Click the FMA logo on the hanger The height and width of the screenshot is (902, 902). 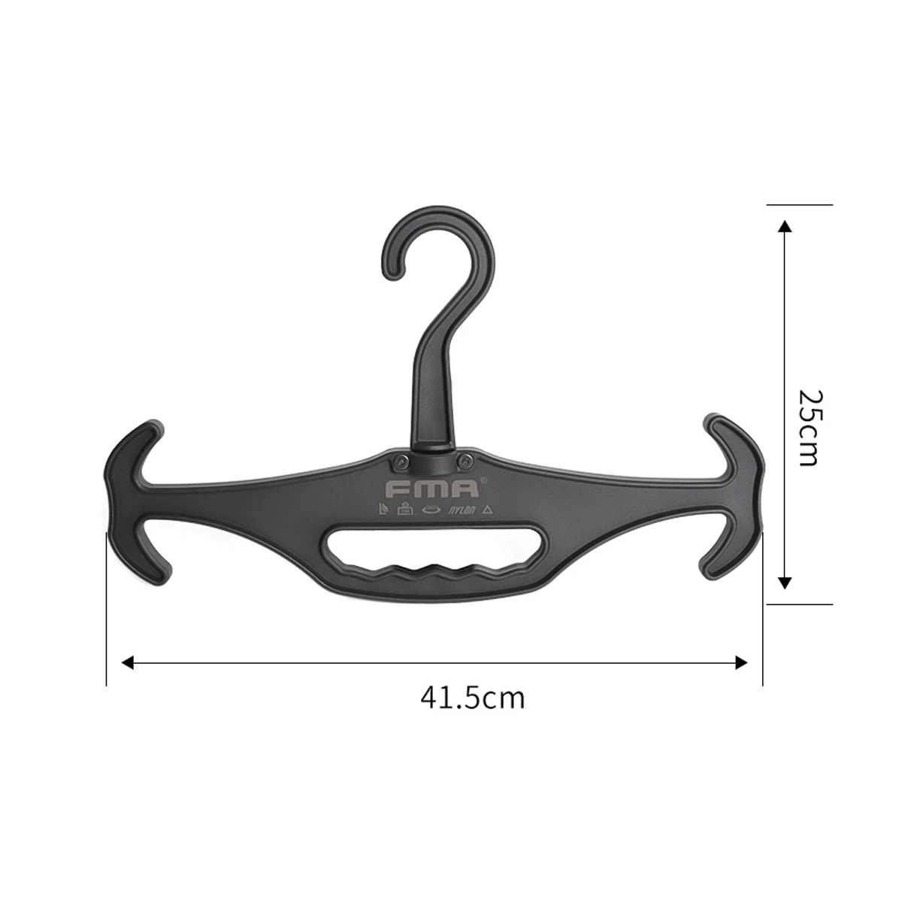click(432, 489)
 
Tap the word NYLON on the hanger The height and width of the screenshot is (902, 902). click(462, 510)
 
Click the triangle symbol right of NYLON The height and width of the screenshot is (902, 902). click(487, 510)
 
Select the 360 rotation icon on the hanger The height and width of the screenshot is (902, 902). click(431, 509)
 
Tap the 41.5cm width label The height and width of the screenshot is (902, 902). click(472, 698)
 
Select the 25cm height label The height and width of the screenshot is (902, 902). click(807, 427)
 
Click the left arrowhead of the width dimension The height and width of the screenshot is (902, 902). click(128, 662)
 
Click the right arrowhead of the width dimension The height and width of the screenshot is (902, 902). click(742, 662)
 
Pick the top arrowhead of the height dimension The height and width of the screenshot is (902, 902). click(785, 226)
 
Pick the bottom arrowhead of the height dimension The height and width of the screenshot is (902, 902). click(785, 582)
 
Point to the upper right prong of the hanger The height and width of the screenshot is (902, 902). click(733, 440)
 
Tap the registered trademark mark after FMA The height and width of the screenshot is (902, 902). click(483, 480)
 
